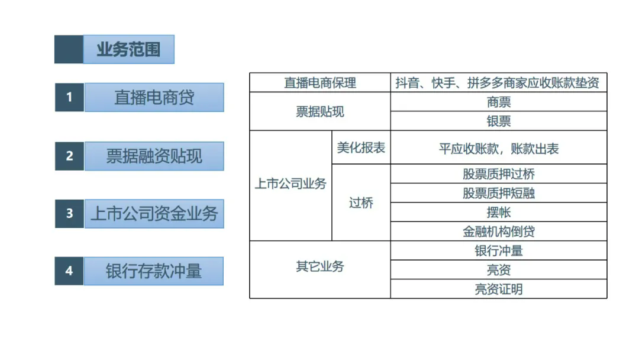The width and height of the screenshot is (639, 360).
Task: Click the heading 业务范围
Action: coord(128,49)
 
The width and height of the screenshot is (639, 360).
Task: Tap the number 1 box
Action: coord(69,97)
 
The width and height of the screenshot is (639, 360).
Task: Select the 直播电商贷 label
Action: coord(154,98)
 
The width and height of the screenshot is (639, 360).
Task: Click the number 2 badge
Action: coord(69,156)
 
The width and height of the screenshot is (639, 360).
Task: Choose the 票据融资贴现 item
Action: coord(154,156)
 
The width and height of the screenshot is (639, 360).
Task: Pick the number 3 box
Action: coord(69,213)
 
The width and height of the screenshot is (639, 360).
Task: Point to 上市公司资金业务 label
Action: coord(154,214)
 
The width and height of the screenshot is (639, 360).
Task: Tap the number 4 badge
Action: coord(69,271)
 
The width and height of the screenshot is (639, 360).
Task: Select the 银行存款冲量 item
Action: coord(154,271)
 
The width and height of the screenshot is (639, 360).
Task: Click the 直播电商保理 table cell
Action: coord(320,83)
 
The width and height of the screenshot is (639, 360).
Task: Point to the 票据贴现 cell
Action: coord(320,111)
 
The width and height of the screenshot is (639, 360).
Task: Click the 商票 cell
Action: coord(498,102)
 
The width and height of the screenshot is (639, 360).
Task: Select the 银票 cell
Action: coord(498,121)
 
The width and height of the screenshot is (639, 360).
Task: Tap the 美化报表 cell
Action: coord(361,147)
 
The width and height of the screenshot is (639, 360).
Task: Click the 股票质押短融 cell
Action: coord(498,193)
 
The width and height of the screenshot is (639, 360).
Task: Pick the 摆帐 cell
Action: coord(498,213)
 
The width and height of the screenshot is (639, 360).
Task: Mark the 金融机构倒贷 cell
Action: coord(498,232)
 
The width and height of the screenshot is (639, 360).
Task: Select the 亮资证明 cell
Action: coord(498,289)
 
